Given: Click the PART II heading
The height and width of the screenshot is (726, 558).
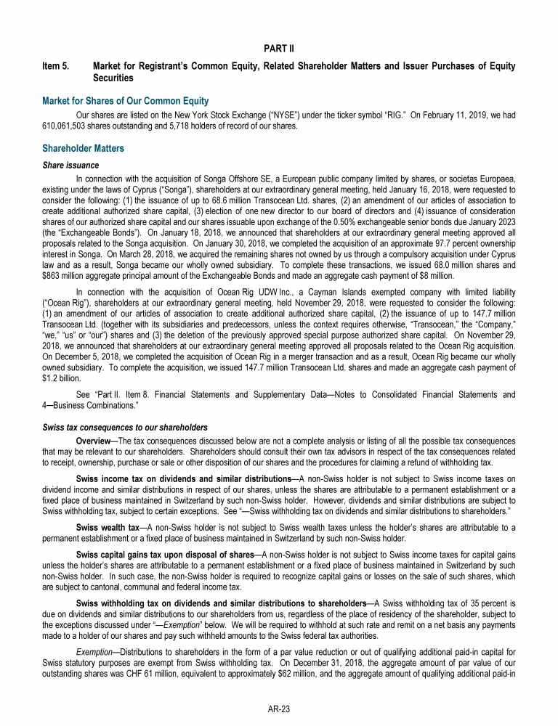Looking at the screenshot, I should coord(279,48).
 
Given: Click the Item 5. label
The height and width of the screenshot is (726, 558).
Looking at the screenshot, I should coord(56,67).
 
